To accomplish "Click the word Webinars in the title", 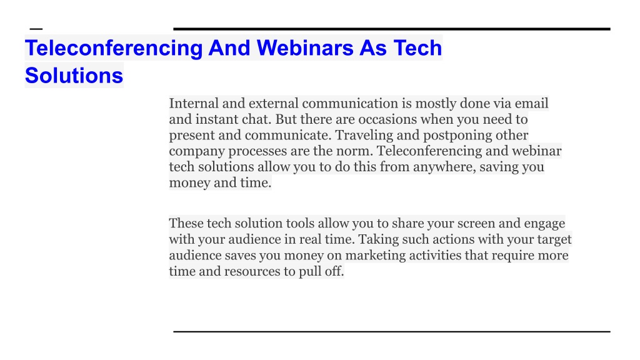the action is (x=305, y=47).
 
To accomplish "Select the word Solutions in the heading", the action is (x=74, y=76).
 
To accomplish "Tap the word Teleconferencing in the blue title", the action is (x=114, y=49).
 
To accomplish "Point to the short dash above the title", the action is (x=36, y=29).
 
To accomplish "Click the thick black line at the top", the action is (x=392, y=29).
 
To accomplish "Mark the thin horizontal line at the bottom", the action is (x=392, y=332).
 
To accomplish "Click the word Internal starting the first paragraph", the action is (x=194, y=103).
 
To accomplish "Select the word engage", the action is (x=544, y=224).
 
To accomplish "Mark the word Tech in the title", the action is (x=417, y=47).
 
